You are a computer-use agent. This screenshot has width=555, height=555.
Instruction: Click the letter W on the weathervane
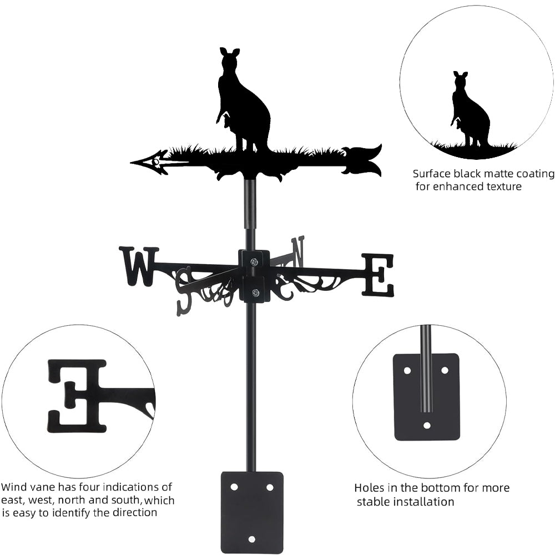click(138, 266)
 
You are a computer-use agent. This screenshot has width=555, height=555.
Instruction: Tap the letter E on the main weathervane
click(379, 274)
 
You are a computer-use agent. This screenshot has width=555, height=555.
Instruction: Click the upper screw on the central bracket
click(254, 262)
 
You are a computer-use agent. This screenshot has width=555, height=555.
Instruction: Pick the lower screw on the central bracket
click(255, 293)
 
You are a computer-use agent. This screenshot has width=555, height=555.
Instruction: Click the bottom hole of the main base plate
click(252, 538)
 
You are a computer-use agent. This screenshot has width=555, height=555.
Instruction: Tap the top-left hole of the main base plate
click(234, 487)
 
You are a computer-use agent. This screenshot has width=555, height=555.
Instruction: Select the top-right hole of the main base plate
click(270, 487)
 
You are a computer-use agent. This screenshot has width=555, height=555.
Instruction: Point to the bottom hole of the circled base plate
click(427, 426)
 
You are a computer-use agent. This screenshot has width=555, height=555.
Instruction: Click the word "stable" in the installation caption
click(377, 502)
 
